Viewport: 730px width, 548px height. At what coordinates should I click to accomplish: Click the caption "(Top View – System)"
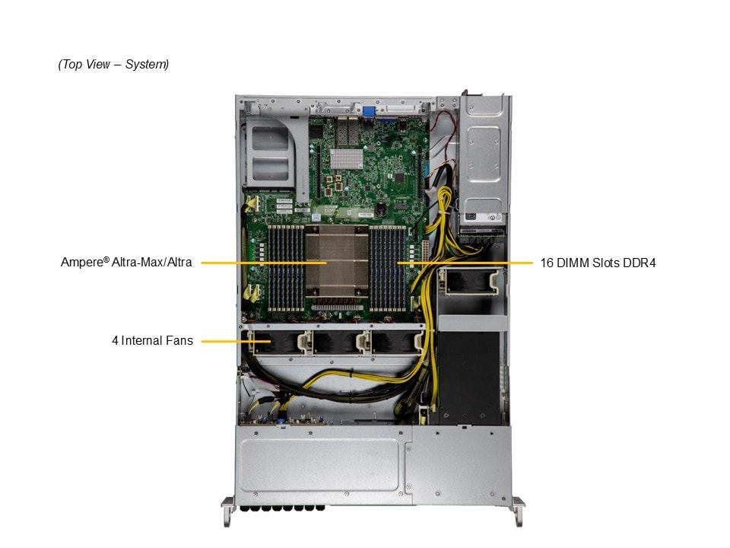(113, 64)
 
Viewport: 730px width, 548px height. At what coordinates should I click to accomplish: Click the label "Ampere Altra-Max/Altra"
(126, 263)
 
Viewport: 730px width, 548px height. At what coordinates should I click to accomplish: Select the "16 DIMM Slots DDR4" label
(598, 263)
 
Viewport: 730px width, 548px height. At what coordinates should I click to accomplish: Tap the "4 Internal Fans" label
(152, 341)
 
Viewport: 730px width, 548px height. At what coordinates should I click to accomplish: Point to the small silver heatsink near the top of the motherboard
(347, 158)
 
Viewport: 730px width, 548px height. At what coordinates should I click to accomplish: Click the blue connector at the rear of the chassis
(369, 113)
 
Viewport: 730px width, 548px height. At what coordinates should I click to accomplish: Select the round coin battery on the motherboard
(381, 209)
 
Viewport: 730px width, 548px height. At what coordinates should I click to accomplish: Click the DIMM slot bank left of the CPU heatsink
(285, 268)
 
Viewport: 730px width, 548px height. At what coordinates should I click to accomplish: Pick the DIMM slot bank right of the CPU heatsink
(387, 268)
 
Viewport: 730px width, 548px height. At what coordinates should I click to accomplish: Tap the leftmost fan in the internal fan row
(277, 342)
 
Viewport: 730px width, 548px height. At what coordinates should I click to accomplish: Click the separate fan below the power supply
(471, 282)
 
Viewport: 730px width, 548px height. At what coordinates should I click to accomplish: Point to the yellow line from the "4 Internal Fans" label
(236, 341)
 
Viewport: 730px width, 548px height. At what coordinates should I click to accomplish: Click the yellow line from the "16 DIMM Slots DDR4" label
(465, 263)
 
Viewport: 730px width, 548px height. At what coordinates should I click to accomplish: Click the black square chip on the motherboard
(399, 177)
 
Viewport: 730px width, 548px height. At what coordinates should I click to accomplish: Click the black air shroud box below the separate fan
(469, 377)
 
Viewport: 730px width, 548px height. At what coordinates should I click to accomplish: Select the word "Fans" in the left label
(179, 341)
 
